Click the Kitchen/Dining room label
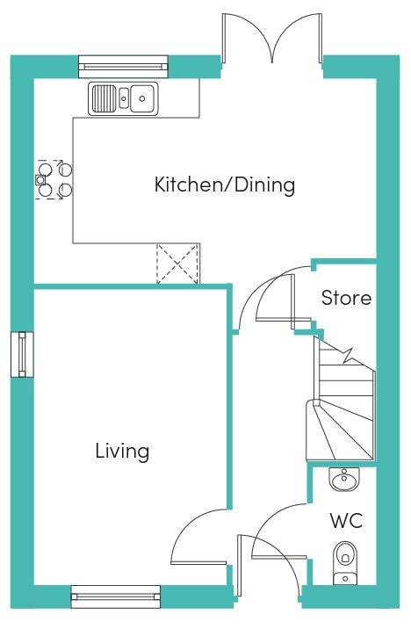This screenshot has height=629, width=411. pos(225,185)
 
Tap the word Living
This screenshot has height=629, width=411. pos(122,452)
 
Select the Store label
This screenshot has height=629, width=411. pos(346,298)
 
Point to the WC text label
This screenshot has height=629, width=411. pos(346,521)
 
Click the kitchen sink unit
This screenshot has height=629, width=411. pos(123,98)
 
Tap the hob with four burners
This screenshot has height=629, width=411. pos(54,179)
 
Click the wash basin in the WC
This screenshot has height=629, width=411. pos(344,479)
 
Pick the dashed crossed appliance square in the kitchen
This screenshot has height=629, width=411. pos(177,264)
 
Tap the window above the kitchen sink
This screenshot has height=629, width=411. pos(123,67)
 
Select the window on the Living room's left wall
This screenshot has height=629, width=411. pos(22,355)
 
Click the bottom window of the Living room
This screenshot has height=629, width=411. pos(115,596)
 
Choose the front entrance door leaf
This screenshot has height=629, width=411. pos(240,566)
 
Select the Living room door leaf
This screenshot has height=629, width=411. pos(198,563)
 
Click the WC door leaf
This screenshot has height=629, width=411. pos(279,557)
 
